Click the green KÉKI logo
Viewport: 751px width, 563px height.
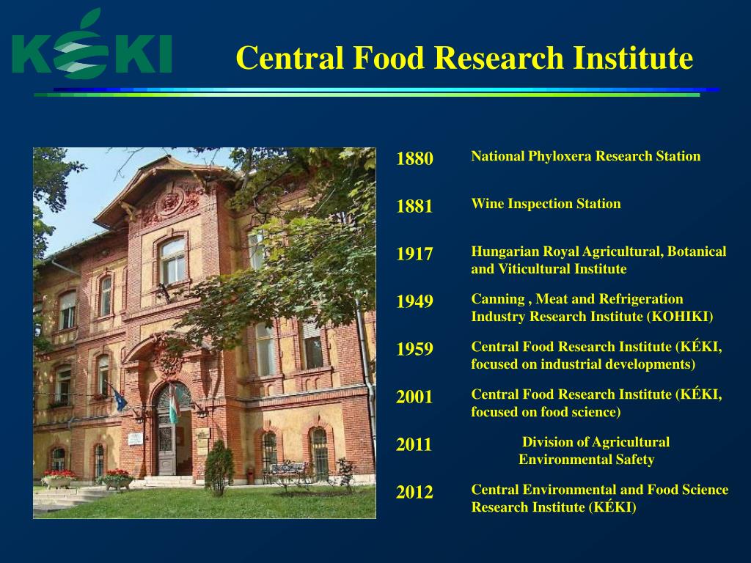(x=92, y=48)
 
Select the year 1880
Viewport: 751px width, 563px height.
(x=414, y=159)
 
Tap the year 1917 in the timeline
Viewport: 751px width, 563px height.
(x=414, y=254)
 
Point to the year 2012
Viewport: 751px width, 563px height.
(x=414, y=493)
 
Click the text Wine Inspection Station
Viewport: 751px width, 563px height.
(x=546, y=204)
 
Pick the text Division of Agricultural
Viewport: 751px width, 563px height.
(x=596, y=442)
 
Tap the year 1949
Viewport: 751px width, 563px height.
(x=414, y=302)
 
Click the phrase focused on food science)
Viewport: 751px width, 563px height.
(x=546, y=412)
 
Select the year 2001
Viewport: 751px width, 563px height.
(x=414, y=397)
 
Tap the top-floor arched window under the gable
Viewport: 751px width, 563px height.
(x=172, y=260)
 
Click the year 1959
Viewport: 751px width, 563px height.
(x=414, y=350)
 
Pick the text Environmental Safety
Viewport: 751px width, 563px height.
(x=586, y=460)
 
